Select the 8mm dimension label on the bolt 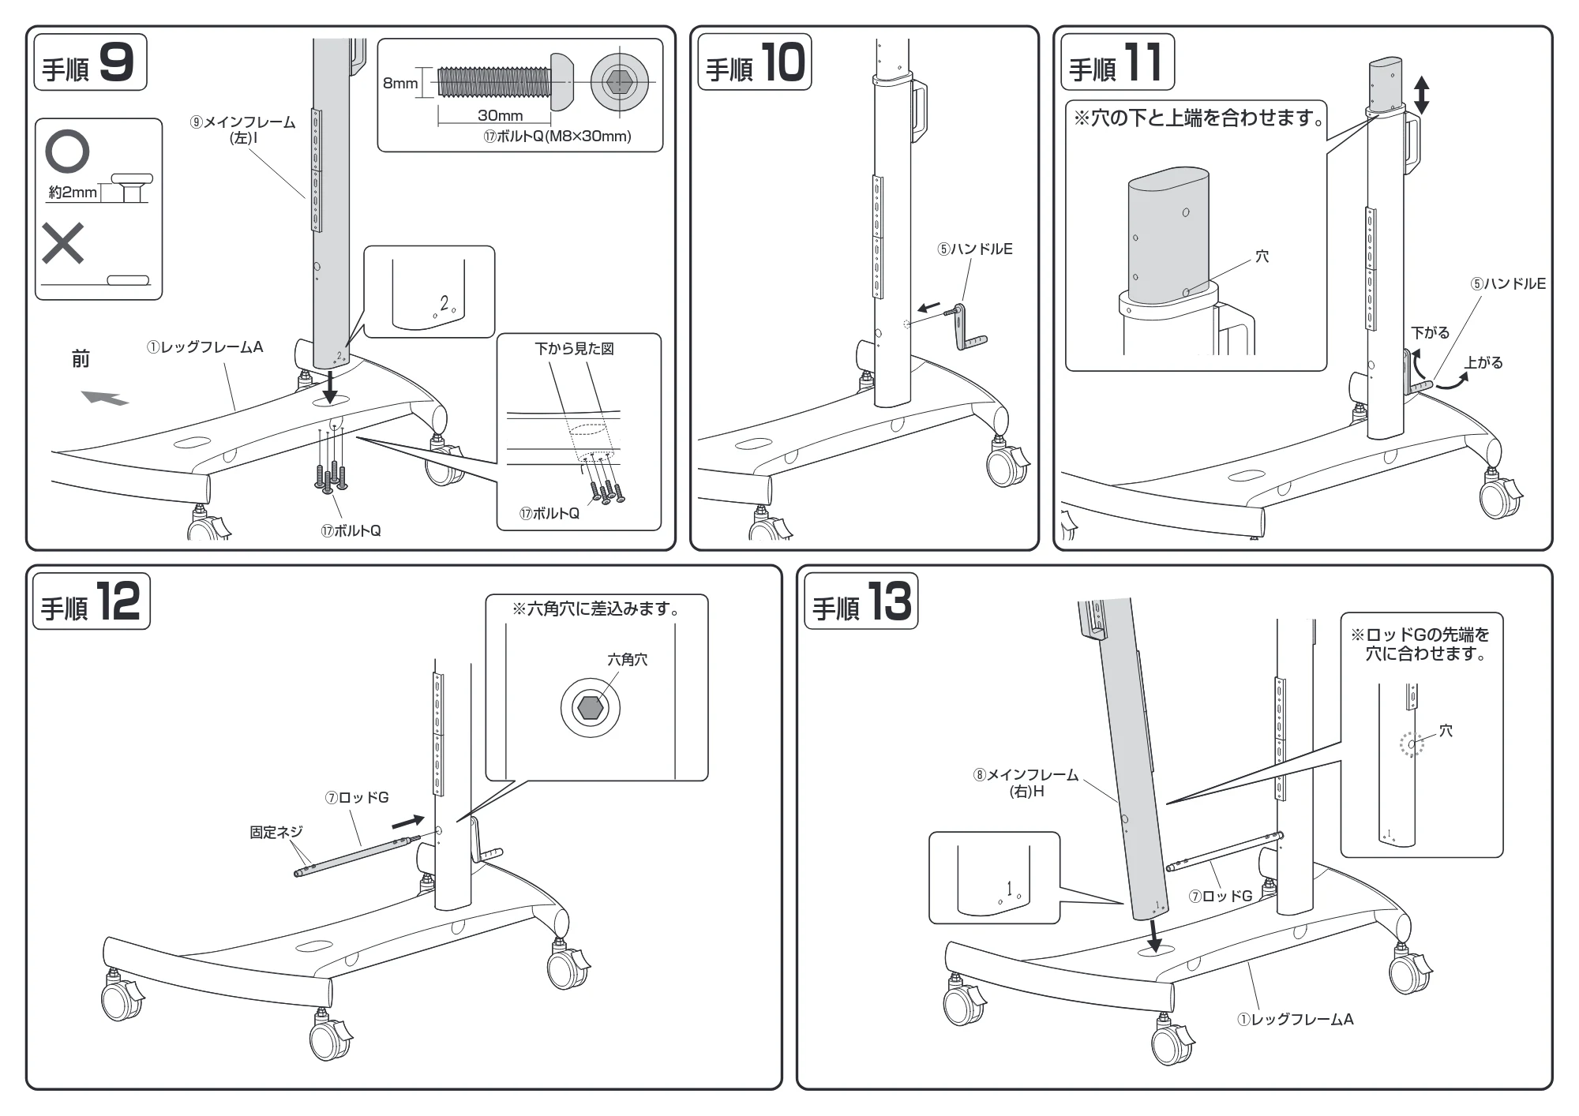[x=400, y=83]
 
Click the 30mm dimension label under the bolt [x=500, y=115]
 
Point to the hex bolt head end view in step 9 [x=619, y=81]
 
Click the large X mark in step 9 [x=63, y=242]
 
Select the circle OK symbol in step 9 [x=67, y=152]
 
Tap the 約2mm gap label [x=73, y=192]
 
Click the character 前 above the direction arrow [x=81, y=360]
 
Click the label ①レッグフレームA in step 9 [x=204, y=346]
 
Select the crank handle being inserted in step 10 [x=967, y=326]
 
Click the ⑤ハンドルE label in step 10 [x=975, y=249]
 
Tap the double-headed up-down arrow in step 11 [x=1421, y=95]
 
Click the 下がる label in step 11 [x=1431, y=333]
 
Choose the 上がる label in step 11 [x=1484, y=363]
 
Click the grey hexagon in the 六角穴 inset [x=591, y=708]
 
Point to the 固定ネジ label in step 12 [x=276, y=832]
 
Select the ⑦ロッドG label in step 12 [x=357, y=798]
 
